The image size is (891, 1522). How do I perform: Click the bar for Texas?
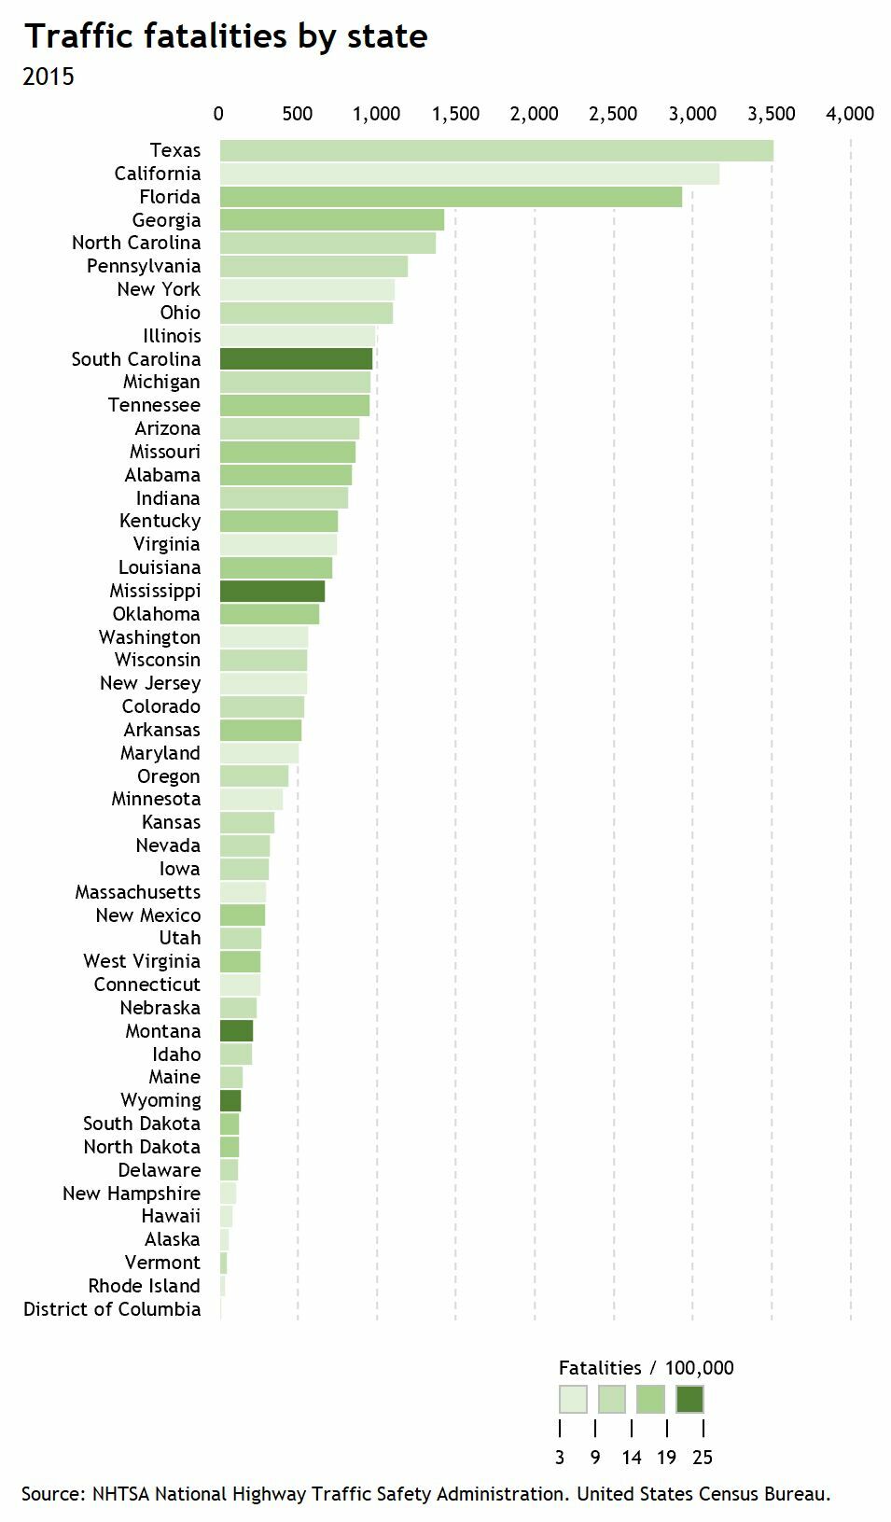(496, 150)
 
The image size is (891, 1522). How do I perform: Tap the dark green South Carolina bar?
(296, 359)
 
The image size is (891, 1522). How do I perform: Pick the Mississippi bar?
(272, 591)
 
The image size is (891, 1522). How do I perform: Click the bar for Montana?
(236, 1031)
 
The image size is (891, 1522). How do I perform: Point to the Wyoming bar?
(230, 1100)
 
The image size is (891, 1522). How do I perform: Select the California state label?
(157, 174)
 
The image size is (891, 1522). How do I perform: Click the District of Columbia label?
(112, 1309)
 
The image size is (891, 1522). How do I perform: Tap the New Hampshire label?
(132, 1194)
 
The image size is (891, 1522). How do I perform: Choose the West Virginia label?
(142, 961)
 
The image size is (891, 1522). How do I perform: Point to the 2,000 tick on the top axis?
(535, 114)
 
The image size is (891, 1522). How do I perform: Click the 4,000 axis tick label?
(850, 114)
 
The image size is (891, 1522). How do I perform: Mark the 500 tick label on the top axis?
(298, 114)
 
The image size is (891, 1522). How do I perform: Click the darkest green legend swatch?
(689, 1399)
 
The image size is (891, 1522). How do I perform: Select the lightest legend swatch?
(573, 1399)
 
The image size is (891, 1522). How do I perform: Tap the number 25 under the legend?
(703, 1458)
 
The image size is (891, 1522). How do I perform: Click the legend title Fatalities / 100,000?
(646, 1368)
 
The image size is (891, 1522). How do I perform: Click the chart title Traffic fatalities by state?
(226, 36)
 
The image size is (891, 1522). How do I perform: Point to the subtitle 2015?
(49, 77)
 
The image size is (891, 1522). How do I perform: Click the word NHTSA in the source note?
(120, 1494)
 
